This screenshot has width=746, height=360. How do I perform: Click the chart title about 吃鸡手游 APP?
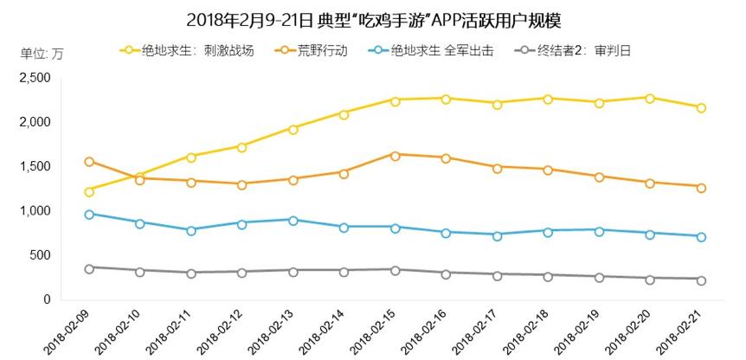click(x=373, y=19)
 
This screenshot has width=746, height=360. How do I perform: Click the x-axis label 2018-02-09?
click(x=62, y=334)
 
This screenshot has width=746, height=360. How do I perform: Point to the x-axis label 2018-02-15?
click(x=369, y=334)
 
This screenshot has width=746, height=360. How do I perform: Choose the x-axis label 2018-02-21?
click(x=676, y=334)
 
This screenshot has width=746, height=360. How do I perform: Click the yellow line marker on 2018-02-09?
click(x=89, y=191)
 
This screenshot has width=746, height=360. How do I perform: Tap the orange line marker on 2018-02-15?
click(x=395, y=155)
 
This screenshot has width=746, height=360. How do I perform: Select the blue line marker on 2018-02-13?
click(x=293, y=220)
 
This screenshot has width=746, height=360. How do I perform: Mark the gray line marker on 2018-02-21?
click(x=701, y=280)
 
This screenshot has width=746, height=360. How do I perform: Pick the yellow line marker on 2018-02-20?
click(x=650, y=98)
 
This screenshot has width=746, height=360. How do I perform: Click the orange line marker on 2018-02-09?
click(x=89, y=162)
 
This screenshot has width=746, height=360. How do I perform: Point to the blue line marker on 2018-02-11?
click(x=191, y=230)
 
